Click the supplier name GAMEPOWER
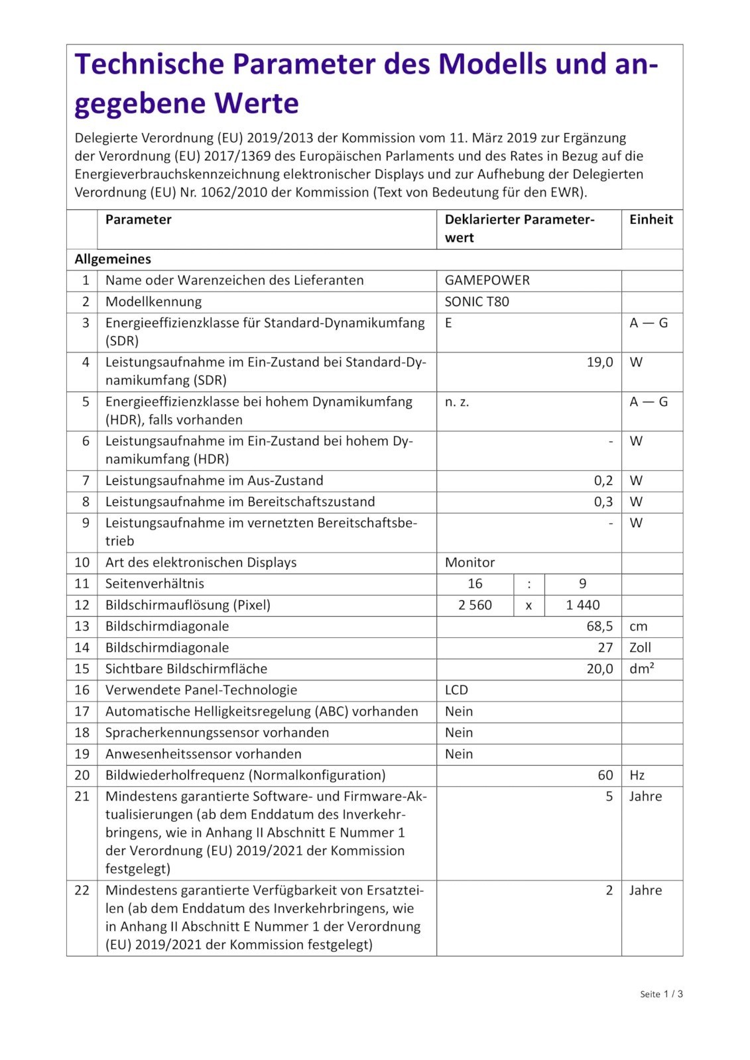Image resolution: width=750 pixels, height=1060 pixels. [x=487, y=280]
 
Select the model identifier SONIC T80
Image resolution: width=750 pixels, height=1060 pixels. [x=477, y=301]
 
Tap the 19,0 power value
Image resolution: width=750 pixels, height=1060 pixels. [x=599, y=362]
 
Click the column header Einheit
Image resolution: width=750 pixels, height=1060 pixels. [x=651, y=220]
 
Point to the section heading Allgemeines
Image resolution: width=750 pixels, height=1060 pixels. [x=113, y=259]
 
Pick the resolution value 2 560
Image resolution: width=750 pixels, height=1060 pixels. [x=475, y=605]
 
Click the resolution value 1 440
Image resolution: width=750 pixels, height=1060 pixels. [x=582, y=605]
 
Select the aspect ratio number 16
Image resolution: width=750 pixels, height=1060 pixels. [x=475, y=584]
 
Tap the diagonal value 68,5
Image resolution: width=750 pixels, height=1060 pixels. [x=599, y=626]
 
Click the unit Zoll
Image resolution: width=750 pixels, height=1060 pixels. [x=640, y=647]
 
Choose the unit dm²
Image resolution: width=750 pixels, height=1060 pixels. [x=641, y=668]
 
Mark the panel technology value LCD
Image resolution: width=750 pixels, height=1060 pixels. [x=456, y=690]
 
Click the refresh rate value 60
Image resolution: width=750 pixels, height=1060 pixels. [x=605, y=775]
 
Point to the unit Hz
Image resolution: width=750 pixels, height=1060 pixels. [x=637, y=775]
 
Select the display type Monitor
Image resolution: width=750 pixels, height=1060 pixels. [x=469, y=562]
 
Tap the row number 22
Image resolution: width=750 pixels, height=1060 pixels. [x=82, y=890]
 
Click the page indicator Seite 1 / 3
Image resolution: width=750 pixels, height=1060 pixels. [x=661, y=994]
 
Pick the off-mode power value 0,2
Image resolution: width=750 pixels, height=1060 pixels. [x=603, y=480]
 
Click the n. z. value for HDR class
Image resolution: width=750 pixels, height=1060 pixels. [x=456, y=401]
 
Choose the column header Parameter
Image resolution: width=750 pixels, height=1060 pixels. [x=138, y=220]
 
